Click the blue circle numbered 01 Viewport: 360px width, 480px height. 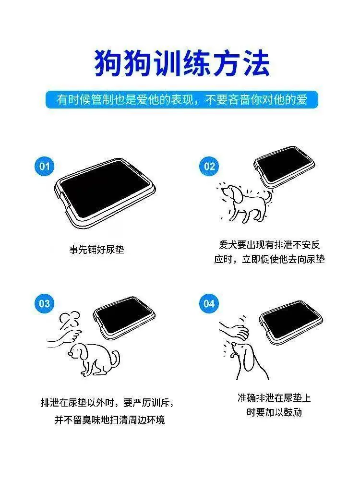pos(44,166)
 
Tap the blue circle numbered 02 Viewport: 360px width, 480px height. pos(209,166)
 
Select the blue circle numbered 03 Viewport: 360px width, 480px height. pos(44,303)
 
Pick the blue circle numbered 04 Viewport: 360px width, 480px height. pos(209,303)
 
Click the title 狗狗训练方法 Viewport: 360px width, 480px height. pos(182,64)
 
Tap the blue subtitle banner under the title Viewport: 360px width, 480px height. pos(182,100)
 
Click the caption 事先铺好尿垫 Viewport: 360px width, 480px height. pos(97,250)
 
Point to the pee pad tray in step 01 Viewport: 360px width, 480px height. pos(105,193)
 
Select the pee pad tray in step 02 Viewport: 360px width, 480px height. pos(284,167)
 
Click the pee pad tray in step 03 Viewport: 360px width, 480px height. pos(124,317)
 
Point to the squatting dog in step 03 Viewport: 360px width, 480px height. pos(94,359)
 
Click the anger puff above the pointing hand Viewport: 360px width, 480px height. pos(70,320)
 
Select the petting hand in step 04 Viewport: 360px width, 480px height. pos(234,330)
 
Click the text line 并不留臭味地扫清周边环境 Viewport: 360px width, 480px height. pos(109,420)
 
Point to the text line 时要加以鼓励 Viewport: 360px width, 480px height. pos(274,412)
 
